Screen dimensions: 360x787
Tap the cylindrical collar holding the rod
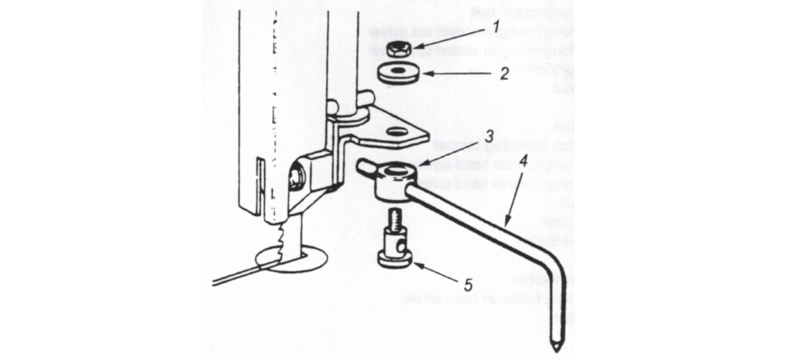[392, 183]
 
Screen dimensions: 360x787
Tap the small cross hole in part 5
[403, 247]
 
